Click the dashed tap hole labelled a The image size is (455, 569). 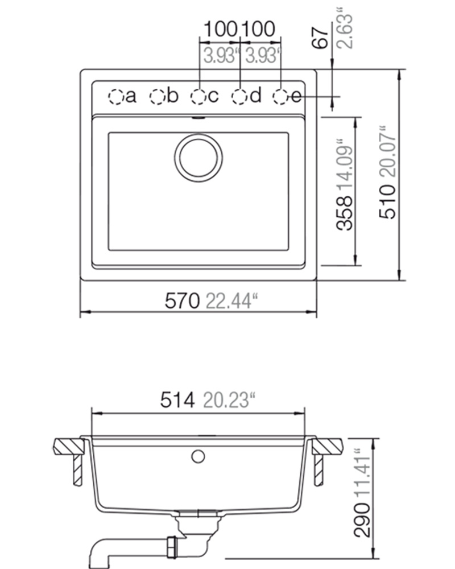116,97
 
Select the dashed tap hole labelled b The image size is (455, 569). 158,97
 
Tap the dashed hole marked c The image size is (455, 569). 198,97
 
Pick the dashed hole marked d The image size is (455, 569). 239,97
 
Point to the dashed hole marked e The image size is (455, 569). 281,97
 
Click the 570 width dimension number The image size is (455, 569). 182,301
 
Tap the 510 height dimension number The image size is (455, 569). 387,201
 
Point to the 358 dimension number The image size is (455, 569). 345,213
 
